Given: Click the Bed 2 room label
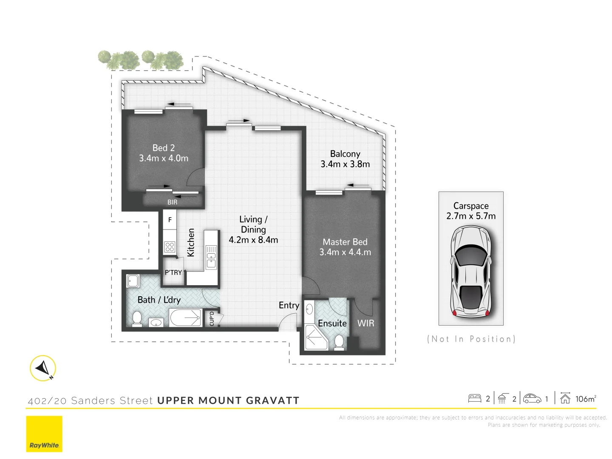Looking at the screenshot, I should (x=164, y=148).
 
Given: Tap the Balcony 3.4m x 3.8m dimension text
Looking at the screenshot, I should (x=345, y=164).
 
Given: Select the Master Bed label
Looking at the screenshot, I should (x=345, y=242).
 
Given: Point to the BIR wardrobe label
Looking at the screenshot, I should (x=172, y=202).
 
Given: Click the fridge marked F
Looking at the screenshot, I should (x=170, y=220).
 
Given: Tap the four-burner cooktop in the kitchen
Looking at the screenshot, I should (x=170, y=247).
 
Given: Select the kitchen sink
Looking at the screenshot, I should (x=211, y=257).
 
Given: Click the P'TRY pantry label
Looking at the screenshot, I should (x=173, y=272).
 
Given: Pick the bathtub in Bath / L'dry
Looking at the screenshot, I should (x=185, y=317).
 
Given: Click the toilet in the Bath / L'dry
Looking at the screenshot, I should (x=137, y=318).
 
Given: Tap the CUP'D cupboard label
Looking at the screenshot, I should (x=212, y=319).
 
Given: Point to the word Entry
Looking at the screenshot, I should (x=289, y=305).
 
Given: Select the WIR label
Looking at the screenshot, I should (x=366, y=323).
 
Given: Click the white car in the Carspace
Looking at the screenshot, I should (x=471, y=271).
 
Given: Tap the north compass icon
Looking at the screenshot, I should (x=43, y=368).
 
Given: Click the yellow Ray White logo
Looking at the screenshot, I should (x=44, y=434).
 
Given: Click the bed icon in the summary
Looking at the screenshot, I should (x=474, y=399).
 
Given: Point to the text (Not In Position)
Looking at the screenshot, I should (x=471, y=339).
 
